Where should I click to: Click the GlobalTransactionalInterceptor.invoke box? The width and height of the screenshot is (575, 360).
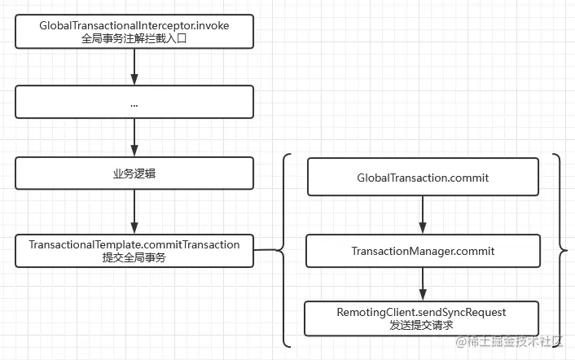[x=134, y=32]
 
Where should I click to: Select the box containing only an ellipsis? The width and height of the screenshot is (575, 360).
[x=134, y=103]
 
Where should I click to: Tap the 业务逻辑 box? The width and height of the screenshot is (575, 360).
[x=134, y=174]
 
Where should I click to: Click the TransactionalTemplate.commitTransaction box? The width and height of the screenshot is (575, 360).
[x=134, y=250]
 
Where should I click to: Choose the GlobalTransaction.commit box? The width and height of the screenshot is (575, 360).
[x=423, y=177]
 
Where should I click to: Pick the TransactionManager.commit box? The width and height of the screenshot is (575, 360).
[x=423, y=250]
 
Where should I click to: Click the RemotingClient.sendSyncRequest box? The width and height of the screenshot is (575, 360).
[x=422, y=318]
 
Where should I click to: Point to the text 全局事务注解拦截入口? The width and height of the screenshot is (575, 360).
[x=134, y=38]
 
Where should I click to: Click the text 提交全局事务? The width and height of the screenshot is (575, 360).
[x=134, y=257]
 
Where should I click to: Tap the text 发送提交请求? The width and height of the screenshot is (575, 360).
[x=422, y=325]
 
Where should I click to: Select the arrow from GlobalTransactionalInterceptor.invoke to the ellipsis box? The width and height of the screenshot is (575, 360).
[x=134, y=68]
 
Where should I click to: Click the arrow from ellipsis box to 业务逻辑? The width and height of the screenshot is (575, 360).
[x=134, y=138]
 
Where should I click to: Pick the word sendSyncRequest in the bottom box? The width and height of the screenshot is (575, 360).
[x=463, y=312]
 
